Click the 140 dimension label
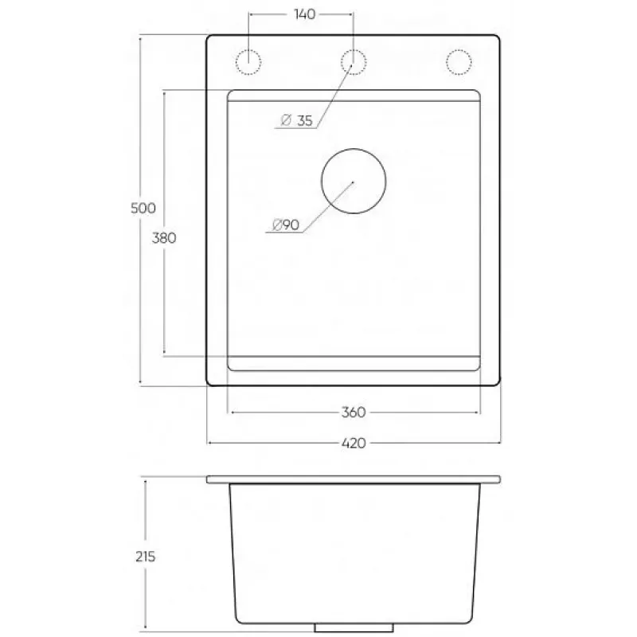(x=304, y=14)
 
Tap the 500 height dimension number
(x=143, y=208)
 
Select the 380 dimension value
(x=164, y=237)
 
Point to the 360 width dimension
(x=354, y=412)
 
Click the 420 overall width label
(x=354, y=443)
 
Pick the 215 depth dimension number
(x=146, y=556)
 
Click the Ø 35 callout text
(x=297, y=120)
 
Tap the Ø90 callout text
(x=286, y=225)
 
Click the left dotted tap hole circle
(x=248, y=49)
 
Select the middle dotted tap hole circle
(x=354, y=49)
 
